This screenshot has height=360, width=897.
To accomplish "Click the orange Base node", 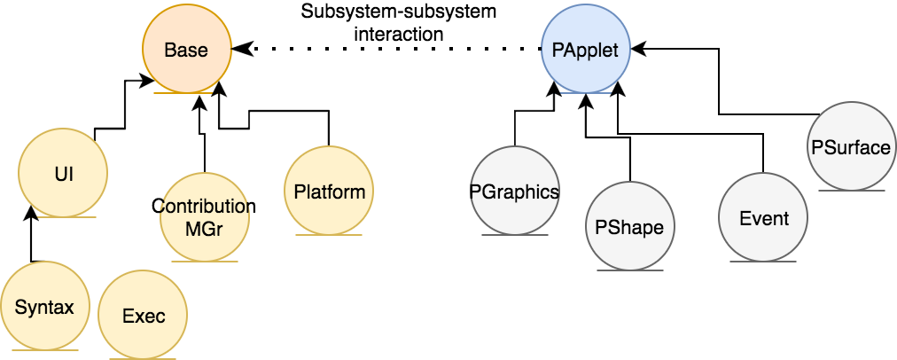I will click(x=187, y=49).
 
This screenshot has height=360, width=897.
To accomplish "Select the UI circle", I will click(x=63, y=173).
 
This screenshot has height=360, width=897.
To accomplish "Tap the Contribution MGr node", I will click(x=205, y=216).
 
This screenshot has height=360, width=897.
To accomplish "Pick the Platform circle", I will click(x=330, y=192).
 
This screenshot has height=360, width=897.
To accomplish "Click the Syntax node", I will click(x=44, y=308).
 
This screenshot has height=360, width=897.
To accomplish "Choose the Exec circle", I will click(x=143, y=316).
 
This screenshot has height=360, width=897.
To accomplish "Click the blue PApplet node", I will click(x=586, y=49).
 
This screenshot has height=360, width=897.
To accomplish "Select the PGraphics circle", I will click(x=515, y=192).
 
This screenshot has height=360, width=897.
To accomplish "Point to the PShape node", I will click(x=630, y=227).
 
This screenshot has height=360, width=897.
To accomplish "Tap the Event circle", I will click(x=763, y=218).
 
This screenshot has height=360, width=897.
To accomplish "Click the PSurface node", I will click(x=851, y=147).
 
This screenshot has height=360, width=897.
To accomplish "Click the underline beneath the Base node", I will click(x=187, y=92).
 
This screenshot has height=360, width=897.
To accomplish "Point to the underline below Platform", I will click(x=330, y=235).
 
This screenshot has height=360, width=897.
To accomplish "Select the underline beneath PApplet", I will click(x=586, y=92).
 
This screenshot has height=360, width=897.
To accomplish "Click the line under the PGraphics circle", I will click(x=515, y=235).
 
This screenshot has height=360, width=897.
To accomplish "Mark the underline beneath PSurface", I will click(x=851, y=190).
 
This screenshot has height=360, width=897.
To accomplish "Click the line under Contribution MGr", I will click(x=205, y=261).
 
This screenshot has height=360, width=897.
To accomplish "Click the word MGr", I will click(x=205, y=227).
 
